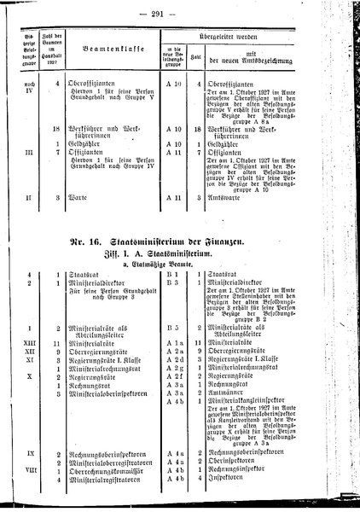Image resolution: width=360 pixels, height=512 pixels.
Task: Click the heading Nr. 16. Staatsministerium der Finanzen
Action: pyautogui.click(x=181, y=244)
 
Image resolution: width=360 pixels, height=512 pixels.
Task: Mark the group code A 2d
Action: pyautogui.click(x=172, y=358)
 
